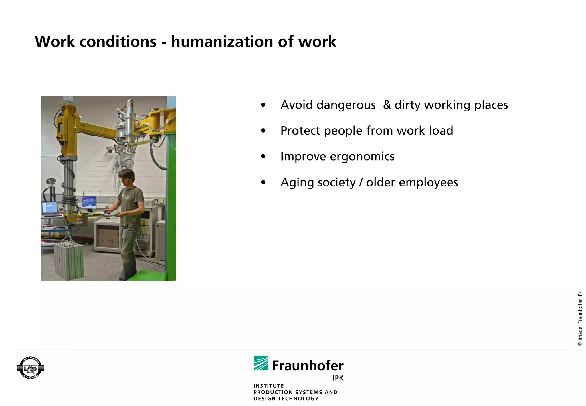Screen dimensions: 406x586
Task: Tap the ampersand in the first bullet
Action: (387, 105)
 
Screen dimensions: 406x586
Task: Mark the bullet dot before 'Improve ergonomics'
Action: (263, 157)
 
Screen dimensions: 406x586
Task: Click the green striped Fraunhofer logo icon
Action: (261, 363)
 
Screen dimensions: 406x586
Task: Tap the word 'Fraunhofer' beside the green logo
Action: (308, 366)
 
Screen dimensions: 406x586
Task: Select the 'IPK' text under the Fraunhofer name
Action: (338, 378)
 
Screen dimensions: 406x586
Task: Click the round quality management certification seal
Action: (30, 368)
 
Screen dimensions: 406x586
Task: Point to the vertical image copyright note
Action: (580, 318)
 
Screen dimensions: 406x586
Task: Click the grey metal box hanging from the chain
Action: (69, 261)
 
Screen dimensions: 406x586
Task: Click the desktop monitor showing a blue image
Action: (89, 202)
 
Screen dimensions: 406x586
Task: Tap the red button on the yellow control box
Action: (61, 137)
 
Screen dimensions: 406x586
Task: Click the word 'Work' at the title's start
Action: (55, 42)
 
